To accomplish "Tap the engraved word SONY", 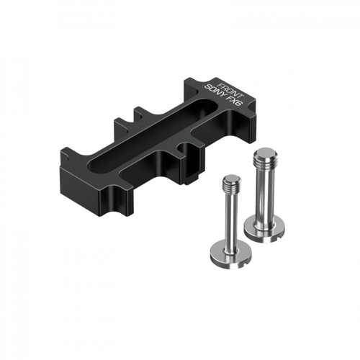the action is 215,93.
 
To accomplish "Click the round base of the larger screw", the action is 265,229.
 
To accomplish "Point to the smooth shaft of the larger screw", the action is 264,193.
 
